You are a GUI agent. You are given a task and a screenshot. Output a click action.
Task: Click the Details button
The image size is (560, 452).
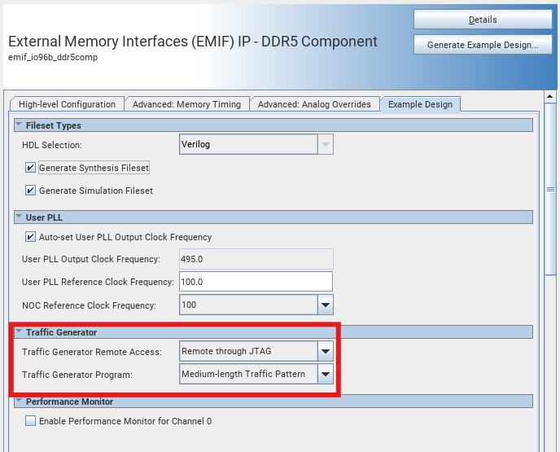(x=483, y=20)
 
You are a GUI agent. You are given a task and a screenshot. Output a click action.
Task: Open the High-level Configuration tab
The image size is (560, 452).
(x=67, y=104)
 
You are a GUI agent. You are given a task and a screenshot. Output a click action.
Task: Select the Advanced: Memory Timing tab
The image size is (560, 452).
(x=186, y=104)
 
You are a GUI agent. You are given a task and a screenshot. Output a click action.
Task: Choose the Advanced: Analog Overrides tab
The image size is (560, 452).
(x=314, y=104)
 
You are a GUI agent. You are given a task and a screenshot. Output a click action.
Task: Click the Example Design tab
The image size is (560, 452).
(x=420, y=104)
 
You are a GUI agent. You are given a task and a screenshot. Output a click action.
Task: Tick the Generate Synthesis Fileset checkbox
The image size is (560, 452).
(x=31, y=168)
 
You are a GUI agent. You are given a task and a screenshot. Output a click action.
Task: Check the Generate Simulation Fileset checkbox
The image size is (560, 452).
(x=31, y=191)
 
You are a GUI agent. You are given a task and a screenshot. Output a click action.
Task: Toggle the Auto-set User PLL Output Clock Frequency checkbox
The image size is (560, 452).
(x=31, y=237)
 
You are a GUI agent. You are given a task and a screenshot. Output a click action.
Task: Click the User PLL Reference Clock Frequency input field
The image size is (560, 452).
(x=256, y=282)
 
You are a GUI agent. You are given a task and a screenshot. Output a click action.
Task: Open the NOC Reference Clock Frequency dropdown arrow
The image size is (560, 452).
(x=326, y=305)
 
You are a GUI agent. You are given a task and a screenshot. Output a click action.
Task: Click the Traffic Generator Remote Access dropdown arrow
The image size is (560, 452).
(x=326, y=352)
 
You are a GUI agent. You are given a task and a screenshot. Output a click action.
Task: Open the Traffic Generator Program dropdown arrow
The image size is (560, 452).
(x=326, y=375)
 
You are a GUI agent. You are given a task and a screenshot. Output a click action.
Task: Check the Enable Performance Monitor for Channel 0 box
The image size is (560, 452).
(x=31, y=421)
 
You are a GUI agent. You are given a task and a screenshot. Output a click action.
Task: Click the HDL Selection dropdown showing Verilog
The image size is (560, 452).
(x=256, y=145)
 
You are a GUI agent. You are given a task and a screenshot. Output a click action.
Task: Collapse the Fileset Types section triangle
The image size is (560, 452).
(x=19, y=125)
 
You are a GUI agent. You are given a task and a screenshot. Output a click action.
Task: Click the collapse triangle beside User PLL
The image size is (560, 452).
(x=19, y=217)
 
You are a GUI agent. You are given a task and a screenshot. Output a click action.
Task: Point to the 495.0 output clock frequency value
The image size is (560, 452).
(x=191, y=259)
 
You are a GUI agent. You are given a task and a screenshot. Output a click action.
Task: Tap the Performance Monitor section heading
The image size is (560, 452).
(x=69, y=402)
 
